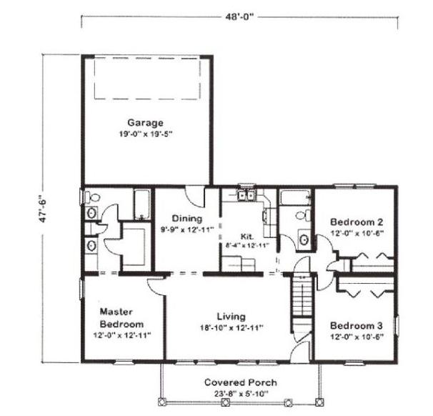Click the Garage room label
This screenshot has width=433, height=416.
(145, 123)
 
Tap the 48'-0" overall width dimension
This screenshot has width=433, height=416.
(239, 17)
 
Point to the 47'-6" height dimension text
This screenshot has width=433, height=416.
(44, 209)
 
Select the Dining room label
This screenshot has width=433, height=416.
(187, 219)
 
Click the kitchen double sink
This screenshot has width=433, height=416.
(246, 195)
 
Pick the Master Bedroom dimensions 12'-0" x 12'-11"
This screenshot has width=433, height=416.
(121, 335)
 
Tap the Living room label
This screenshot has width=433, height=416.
(231, 317)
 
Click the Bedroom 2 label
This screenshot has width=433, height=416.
(357, 222)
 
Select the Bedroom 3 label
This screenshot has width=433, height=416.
(357, 326)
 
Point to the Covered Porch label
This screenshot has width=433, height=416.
(241, 382)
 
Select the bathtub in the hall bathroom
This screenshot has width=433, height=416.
(295, 197)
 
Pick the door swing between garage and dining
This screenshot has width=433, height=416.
(195, 197)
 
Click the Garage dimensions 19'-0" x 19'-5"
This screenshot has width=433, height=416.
(146, 134)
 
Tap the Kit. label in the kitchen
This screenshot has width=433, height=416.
(247, 237)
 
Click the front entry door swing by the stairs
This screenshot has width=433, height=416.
(302, 351)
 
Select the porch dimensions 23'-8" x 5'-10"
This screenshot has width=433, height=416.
(241, 394)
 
